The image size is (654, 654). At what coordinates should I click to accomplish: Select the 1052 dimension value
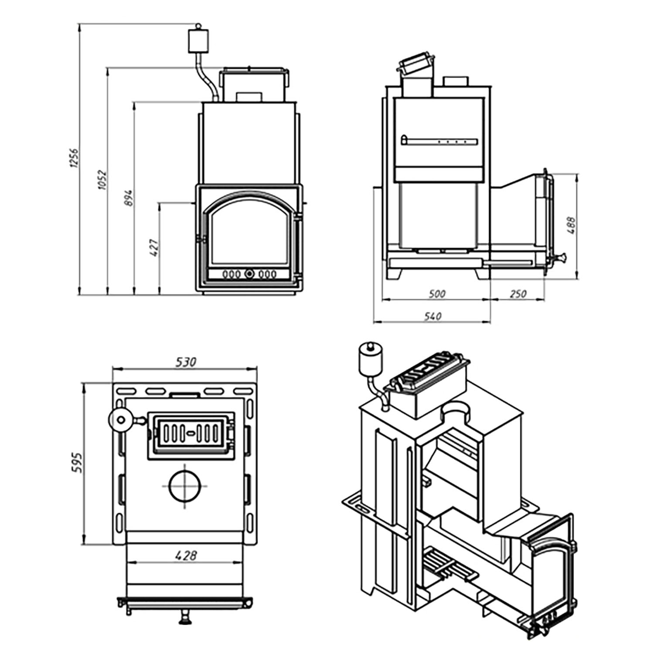point(101,179)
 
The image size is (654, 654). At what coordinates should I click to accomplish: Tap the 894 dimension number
point(128,199)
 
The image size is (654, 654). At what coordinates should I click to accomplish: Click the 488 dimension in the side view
point(572,226)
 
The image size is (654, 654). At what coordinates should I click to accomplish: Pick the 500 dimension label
point(437,294)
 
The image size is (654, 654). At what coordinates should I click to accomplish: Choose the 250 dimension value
point(518,294)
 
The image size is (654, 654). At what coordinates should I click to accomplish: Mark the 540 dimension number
point(433,316)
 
